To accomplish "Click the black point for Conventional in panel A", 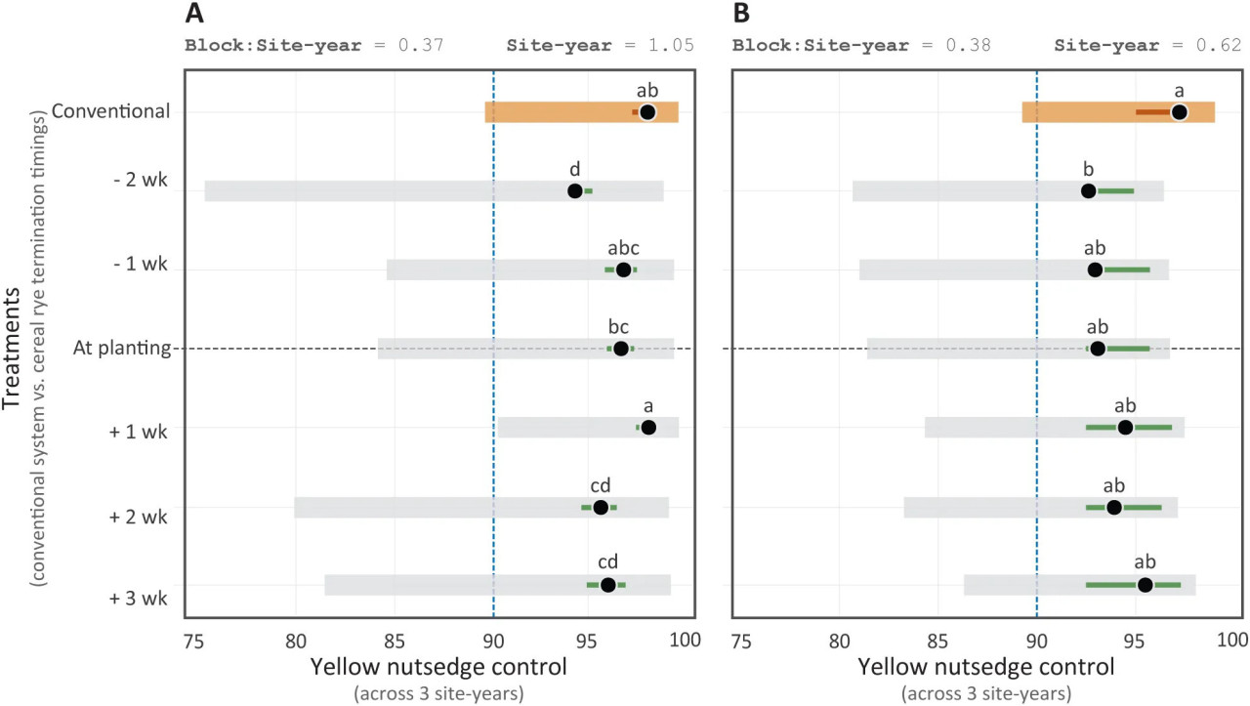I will pyautogui.click(x=647, y=112).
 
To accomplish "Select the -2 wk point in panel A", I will pyautogui.click(x=575, y=190).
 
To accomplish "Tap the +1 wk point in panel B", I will pyautogui.click(x=1125, y=428).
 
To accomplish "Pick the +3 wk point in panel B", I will pyautogui.click(x=1146, y=585).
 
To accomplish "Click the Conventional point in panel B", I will pyautogui.click(x=1180, y=112).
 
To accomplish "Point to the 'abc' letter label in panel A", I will pyautogui.click(x=623, y=248).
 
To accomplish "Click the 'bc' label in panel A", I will pyautogui.click(x=618, y=326).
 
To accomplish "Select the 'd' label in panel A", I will pyautogui.click(x=576, y=169).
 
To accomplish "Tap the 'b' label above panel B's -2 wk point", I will pyautogui.click(x=1089, y=169).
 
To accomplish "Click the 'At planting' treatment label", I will pyautogui.click(x=122, y=349).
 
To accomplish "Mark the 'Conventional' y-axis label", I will pyautogui.click(x=111, y=111).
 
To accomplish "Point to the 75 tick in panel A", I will pyautogui.click(x=194, y=640).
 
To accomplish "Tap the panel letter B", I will pyautogui.click(x=742, y=15).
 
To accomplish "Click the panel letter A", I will pyautogui.click(x=195, y=15).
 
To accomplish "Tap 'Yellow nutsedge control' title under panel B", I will pyautogui.click(x=986, y=669).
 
